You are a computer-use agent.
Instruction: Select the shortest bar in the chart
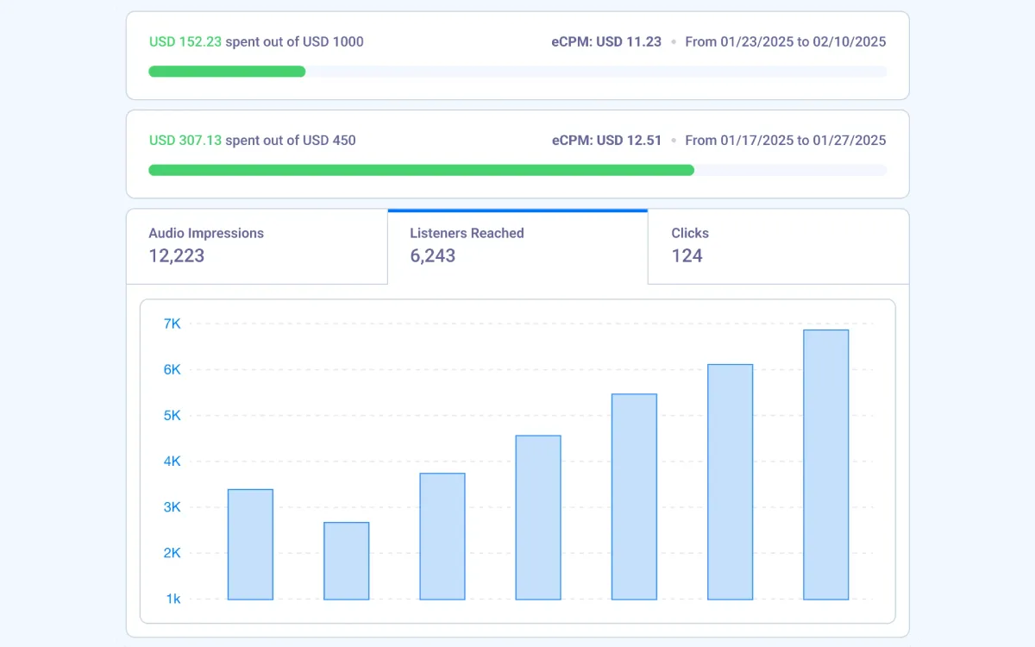346,561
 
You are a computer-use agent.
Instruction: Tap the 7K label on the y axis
172,323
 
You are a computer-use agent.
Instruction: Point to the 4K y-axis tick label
172,461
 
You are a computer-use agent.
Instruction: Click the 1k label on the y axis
172,599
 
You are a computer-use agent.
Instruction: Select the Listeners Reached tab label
467,233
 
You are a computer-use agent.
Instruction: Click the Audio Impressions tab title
206,233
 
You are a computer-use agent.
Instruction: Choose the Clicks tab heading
690,233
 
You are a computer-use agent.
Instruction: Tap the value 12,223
176,255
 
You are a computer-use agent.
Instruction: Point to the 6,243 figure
432,255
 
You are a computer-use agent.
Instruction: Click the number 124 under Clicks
687,255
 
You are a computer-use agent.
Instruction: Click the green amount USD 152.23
185,41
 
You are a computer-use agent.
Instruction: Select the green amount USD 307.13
185,140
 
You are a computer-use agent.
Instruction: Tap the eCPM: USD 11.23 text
606,41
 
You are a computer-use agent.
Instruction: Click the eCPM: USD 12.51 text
606,140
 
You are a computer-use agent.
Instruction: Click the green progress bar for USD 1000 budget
227,72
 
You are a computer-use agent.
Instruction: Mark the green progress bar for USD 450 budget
421,170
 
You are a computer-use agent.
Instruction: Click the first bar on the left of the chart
250,544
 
